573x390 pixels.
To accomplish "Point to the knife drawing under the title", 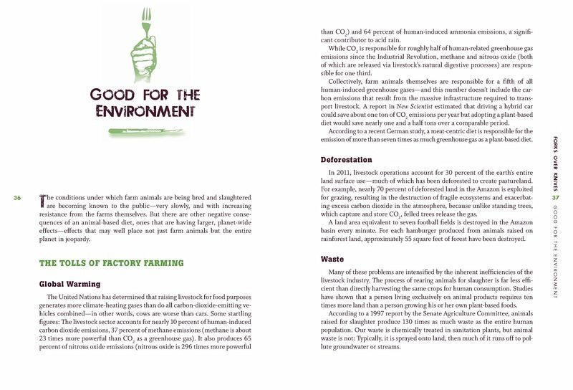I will [x=146, y=130].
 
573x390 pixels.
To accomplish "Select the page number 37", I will [x=554, y=199].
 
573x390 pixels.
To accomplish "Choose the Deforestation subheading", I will [x=352, y=159].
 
